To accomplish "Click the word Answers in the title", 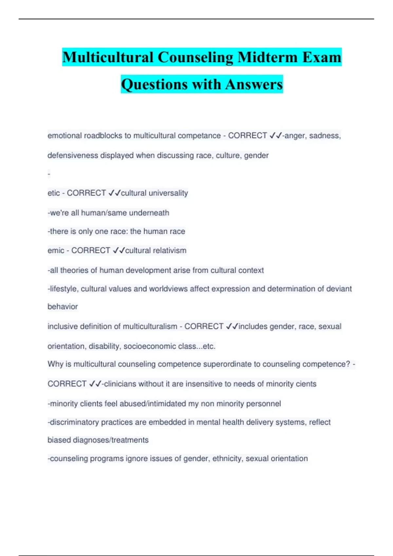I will click(x=254, y=84).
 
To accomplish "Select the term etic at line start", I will click(x=53, y=193).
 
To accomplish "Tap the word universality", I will click(x=168, y=193).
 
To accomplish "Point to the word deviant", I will click(x=339, y=289).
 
